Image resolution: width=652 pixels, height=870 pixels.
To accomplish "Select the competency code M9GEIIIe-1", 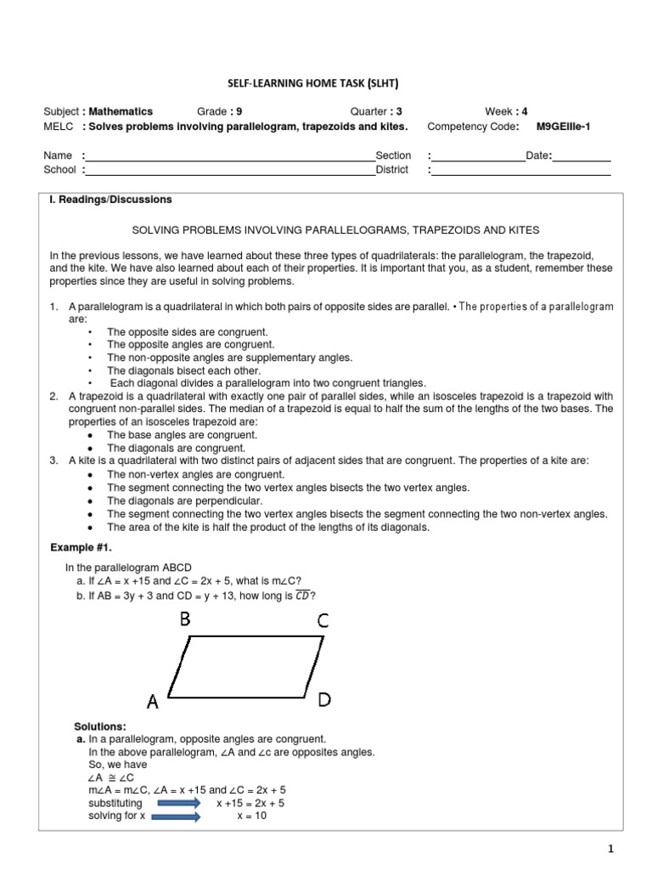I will [574, 127].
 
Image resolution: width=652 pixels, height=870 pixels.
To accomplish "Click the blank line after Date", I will [582, 156].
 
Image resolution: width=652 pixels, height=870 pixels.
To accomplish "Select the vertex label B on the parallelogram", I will [185, 621].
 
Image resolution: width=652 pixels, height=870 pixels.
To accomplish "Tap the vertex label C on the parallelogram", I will [323, 621].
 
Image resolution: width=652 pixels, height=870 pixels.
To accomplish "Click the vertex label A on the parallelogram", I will [153, 702].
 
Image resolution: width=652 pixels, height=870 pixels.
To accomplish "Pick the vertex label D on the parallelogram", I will [324, 699].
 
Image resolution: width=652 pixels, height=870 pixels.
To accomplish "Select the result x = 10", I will [252, 816].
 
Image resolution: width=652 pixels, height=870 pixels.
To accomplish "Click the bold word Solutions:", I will [100, 726].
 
